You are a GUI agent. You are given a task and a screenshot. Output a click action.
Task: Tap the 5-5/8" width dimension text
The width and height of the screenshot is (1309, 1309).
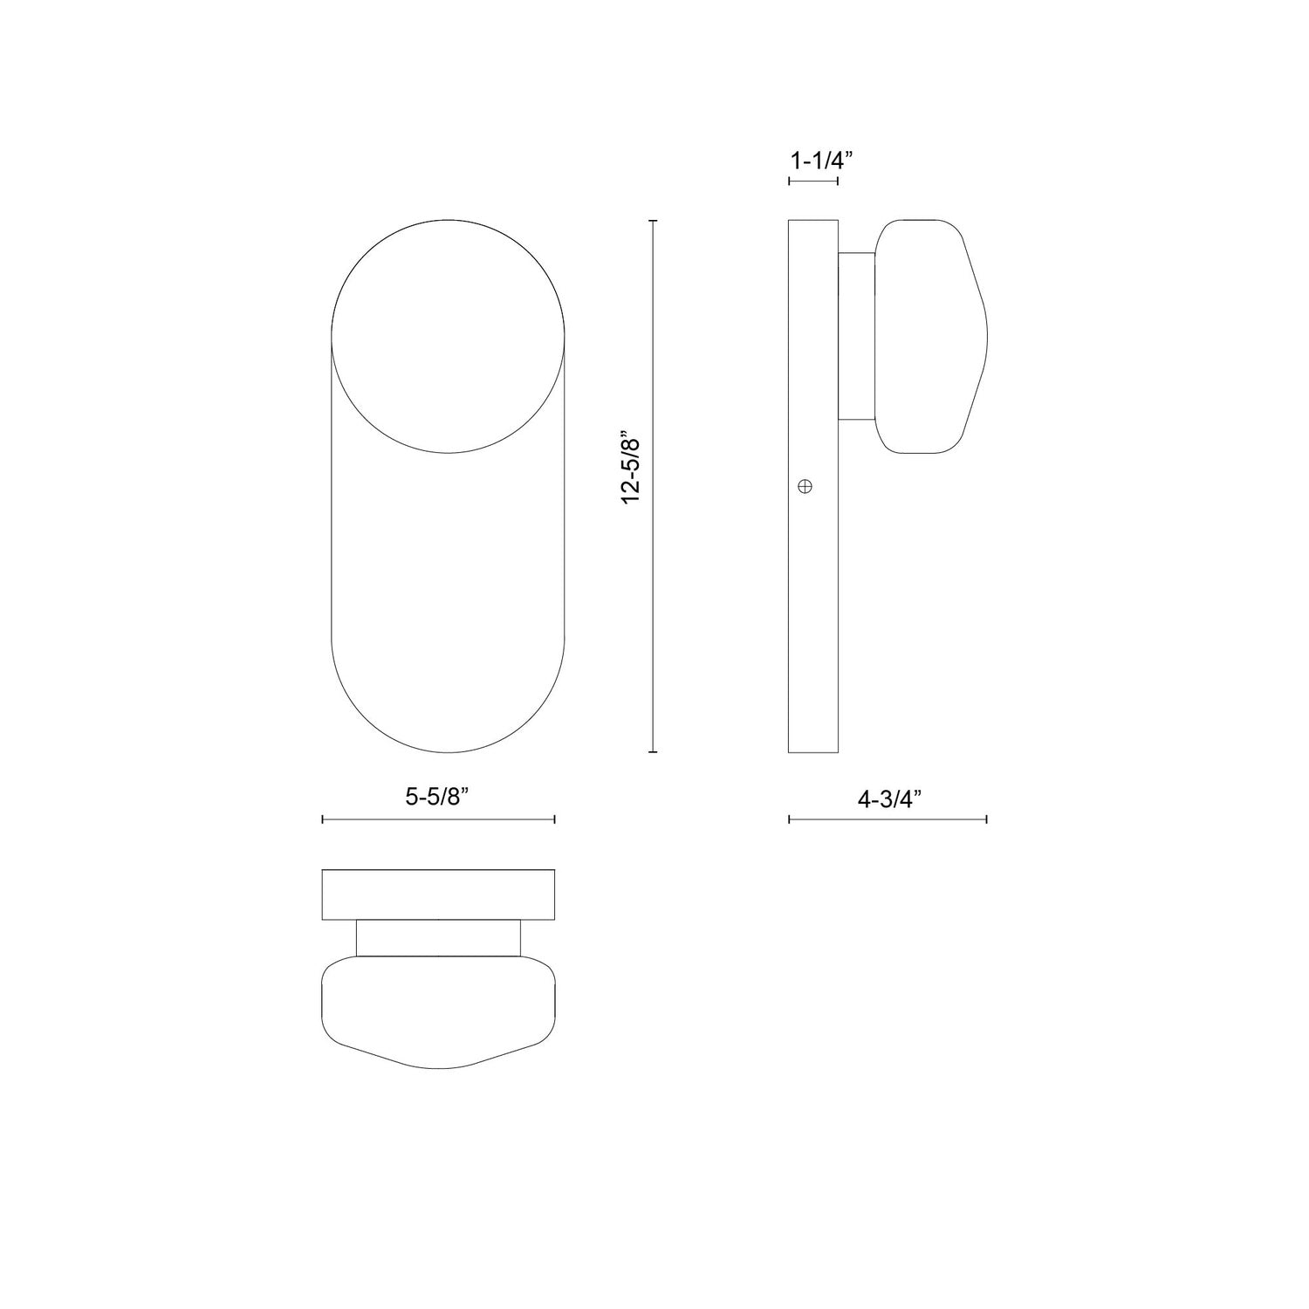tap(438, 798)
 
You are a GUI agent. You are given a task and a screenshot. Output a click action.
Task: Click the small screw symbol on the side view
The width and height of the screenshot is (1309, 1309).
tap(805, 486)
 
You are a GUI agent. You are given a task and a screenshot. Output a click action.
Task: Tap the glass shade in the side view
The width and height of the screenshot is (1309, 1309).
tap(931, 336)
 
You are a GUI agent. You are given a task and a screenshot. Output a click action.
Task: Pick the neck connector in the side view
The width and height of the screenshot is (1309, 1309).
tap(856, 336)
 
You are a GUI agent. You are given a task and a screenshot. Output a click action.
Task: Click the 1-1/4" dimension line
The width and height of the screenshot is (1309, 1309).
tap(813, 182)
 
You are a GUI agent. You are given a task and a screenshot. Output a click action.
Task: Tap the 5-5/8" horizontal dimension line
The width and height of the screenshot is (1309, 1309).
tap(438, 819)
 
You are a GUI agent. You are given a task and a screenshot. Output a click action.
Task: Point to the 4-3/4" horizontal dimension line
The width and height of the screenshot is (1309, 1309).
tap(888, 819)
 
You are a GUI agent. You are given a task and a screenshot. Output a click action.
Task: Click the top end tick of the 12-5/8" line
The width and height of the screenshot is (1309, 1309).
tap(654, 222)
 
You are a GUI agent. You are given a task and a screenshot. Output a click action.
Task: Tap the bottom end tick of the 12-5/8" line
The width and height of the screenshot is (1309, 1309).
tap(654, 751)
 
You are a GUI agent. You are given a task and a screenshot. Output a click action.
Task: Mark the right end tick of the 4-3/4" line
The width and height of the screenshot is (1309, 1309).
tap(986, 819)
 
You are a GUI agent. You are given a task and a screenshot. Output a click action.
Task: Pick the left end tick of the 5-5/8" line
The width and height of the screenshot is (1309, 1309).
tap(323, 819)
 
